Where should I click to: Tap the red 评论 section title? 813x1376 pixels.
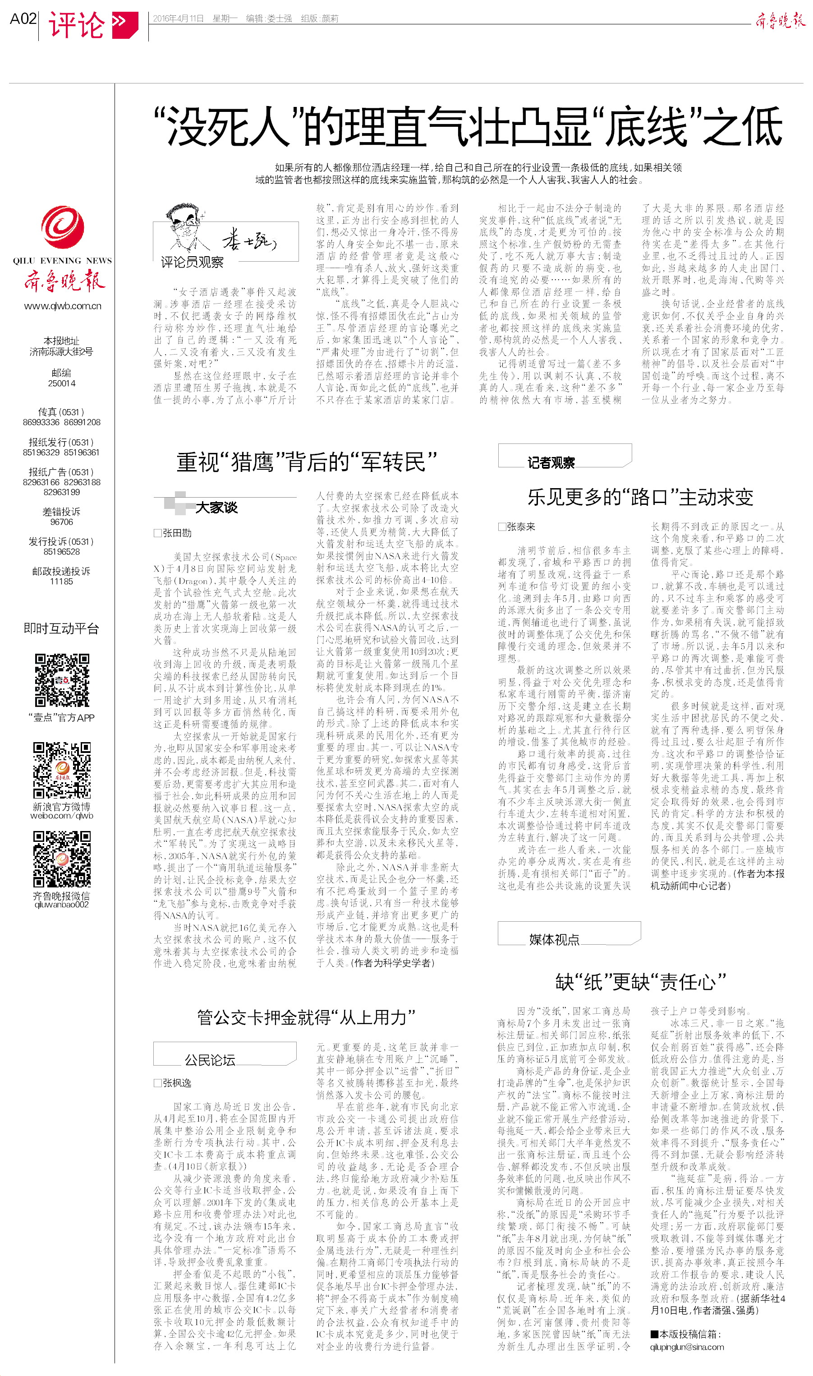76,25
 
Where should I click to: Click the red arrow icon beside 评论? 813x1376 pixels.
124,25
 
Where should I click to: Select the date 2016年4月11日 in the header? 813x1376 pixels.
178,18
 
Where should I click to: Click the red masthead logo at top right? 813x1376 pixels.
780,21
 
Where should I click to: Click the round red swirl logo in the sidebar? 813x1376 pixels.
63,226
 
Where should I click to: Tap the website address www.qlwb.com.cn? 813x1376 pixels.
63,306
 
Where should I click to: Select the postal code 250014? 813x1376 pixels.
61,383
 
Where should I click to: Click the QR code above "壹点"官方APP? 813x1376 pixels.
62,680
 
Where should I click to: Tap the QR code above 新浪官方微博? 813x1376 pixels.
62,770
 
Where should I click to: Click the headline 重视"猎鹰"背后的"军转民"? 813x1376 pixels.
306,462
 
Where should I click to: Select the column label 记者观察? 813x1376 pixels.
551,463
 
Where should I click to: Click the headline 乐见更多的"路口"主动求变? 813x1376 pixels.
640,497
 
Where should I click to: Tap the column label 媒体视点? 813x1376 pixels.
554,940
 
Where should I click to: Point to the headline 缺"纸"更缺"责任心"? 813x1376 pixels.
640,981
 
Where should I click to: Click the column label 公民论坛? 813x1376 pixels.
210,1060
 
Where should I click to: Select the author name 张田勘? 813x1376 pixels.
176,533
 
